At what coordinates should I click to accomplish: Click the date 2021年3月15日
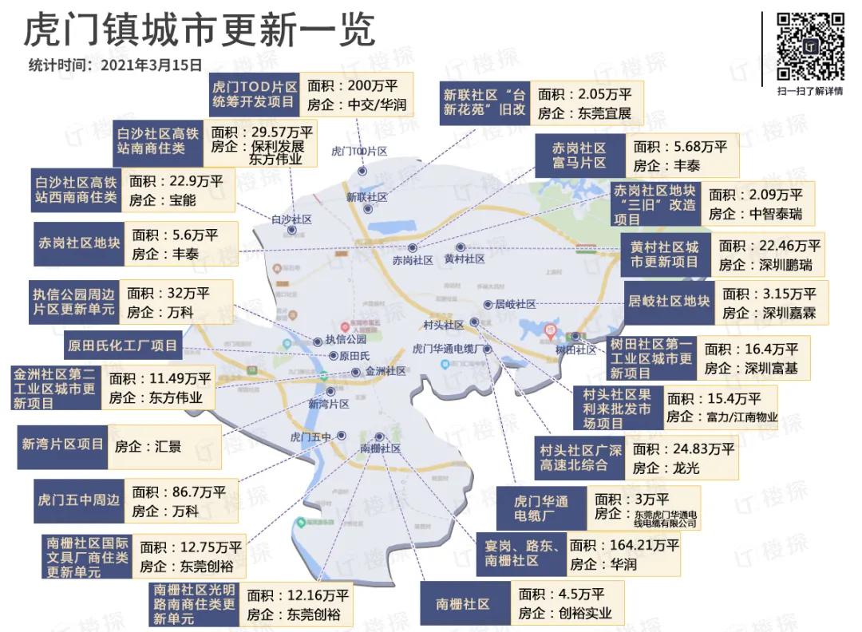coord(152,65)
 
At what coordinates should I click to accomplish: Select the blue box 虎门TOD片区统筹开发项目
coord(254,95)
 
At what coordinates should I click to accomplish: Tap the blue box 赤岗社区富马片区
coord(579,156)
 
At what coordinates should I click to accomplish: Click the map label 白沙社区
coord(291,219)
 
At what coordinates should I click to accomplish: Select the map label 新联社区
coord(366,196)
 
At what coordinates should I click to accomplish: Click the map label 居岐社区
coord(515,304)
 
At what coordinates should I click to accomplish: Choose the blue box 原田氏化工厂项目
coord(122,346)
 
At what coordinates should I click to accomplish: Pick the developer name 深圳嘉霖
coord(789,313)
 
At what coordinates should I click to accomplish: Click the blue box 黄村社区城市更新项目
coord(664,255)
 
